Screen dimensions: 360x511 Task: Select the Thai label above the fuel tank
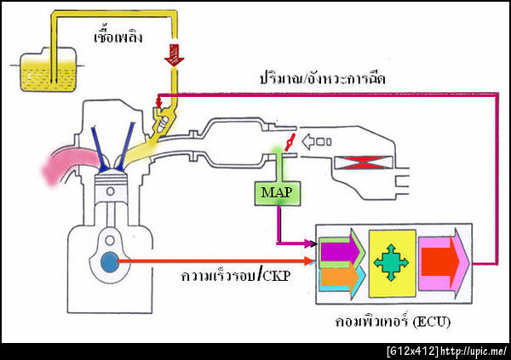(118, 38)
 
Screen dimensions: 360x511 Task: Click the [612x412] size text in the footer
(413, 351)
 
